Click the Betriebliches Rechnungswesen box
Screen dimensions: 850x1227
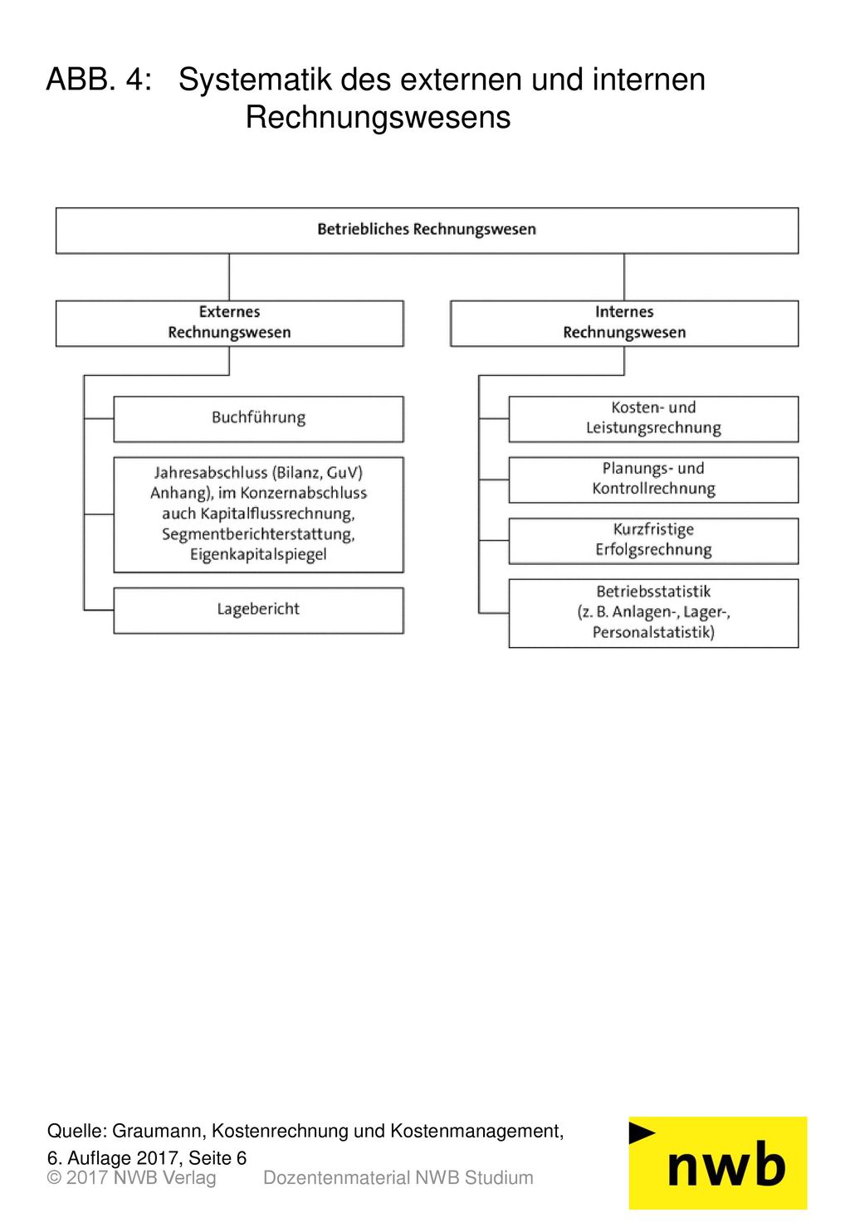pos(427,230)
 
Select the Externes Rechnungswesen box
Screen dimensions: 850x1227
pos(230,324)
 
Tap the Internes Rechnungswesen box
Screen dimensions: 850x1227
pos(624,324)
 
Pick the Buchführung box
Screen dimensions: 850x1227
pos(259,419)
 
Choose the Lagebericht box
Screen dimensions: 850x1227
pos(259,611)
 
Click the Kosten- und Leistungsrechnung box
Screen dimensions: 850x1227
pos(654,419)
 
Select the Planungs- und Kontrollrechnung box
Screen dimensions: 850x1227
pos(654,480)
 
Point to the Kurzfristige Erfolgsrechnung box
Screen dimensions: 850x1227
pos(654,541)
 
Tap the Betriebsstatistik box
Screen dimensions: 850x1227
pos(654,614)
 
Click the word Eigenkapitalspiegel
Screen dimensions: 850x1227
pos(258,554)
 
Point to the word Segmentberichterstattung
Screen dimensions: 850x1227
pos(257,534)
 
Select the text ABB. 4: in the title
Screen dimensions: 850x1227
pos(99,80)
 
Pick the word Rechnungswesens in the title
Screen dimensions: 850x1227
pos(379,117)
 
